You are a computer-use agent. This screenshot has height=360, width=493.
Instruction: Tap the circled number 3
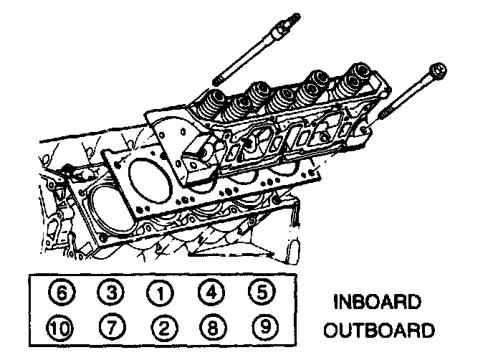pos(113,293)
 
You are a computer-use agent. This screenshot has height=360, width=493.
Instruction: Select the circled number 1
pos(163,293)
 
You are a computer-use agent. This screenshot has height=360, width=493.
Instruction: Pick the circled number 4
pos(213,293)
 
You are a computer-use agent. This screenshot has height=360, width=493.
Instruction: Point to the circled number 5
pos(262,293)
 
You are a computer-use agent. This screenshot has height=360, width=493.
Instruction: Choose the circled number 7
pos(113,328)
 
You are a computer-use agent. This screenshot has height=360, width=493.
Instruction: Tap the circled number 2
pos(163,328)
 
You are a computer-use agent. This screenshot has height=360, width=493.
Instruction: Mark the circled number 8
pos(213,328)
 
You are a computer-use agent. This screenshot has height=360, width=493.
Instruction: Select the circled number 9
pos(262,328)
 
